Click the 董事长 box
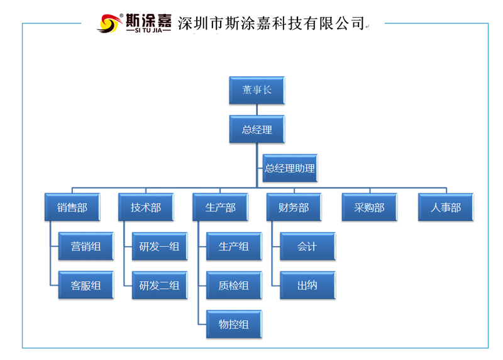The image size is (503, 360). (x=257, y=91)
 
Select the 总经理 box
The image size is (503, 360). (x=257, y=130)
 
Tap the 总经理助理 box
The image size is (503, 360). (x=289, y=169)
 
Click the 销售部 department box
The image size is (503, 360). (x=72, y=208)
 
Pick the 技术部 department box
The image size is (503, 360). (x=146, y=208)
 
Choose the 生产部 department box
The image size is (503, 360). (x=220, y=208)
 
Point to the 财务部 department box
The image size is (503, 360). (x=294, y=208)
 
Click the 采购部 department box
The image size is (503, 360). (x=369, y=208)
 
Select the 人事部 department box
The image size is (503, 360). (x=446, y=208)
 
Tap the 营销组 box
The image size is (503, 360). (x=86, y=247)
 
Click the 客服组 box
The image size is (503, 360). (x=86, y=286)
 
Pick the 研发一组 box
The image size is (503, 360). (x=159, y=247)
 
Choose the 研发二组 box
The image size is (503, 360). (x=159, y=286)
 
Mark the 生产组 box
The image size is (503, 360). (x=233, y=247)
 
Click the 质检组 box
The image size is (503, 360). (x=233, y=286)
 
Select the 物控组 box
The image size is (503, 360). (x=233, y=325)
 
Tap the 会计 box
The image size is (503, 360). (x=307, y=247)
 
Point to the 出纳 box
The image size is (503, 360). (x=307, y=286)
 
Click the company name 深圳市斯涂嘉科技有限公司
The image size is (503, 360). (x=272, y=24)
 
